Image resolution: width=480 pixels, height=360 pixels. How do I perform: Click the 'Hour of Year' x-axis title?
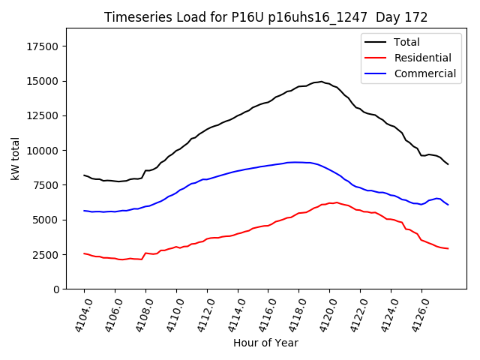[265, 343]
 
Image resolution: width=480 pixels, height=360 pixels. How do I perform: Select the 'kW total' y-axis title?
[16, 158]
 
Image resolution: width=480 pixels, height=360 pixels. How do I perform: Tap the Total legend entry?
[406, 42]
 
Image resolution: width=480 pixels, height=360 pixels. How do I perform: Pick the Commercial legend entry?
[424, 73]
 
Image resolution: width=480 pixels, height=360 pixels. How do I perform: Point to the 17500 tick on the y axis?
[43, 46]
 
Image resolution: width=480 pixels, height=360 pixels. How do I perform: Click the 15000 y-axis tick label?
[43, 81]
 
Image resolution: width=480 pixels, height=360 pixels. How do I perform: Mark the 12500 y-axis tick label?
[43, 115]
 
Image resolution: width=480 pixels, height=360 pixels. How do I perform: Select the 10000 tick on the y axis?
[43, 151]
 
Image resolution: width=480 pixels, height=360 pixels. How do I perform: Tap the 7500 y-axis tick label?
[46, 185]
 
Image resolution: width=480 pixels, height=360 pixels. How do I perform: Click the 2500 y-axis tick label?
[46, 254]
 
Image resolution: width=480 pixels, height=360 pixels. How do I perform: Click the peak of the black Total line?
[321, 82]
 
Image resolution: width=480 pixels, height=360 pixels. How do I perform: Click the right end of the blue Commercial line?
[448, 205]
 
